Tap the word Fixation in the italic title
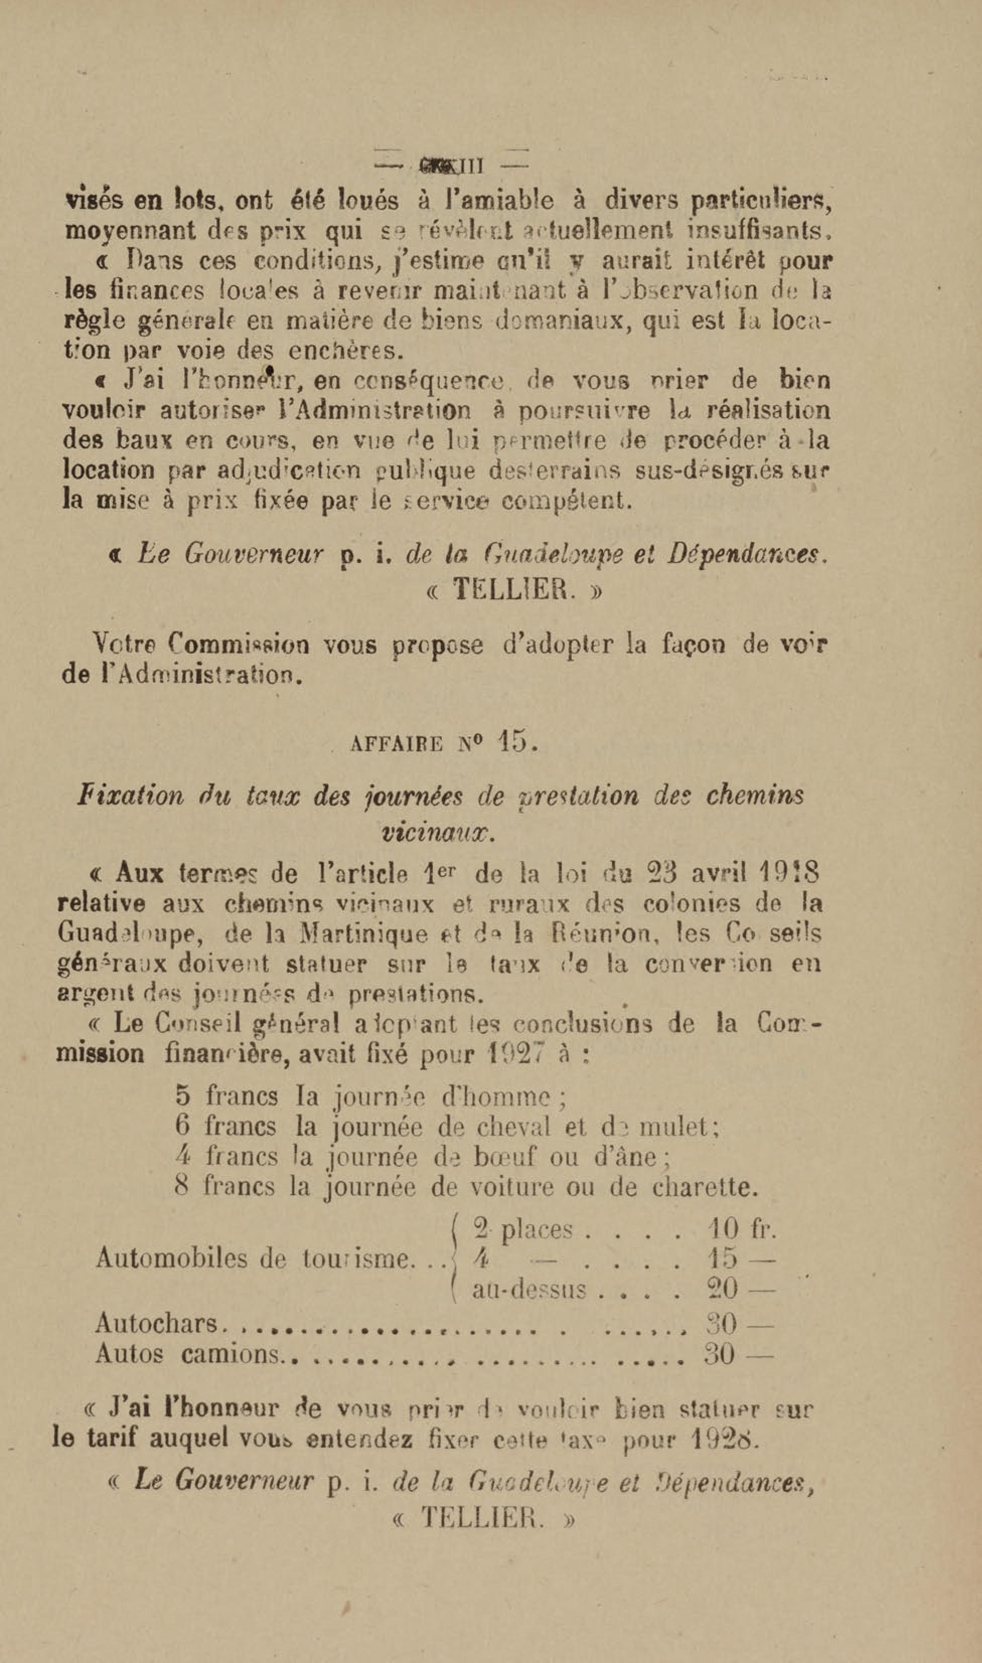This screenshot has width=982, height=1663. tap(130, 796)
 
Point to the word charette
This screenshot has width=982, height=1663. tap(704, 1187)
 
